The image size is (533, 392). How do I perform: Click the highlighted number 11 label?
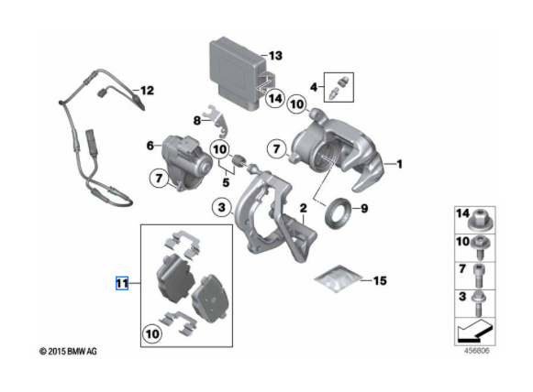click(122, 283)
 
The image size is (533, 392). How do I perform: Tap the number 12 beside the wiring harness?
click(147, 91)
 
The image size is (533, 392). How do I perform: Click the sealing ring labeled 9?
click(338, 212)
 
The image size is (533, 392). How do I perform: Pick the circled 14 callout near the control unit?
click(274, 98)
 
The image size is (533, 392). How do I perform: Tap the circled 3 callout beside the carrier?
click(222, 207)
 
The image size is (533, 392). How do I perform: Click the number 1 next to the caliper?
click(399, 164)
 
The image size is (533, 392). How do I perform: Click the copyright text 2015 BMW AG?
click(68, 351)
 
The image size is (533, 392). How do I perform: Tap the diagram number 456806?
click(477, 351)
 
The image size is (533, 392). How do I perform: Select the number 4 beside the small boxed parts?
click(314, 87)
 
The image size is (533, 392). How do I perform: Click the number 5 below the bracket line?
click(226, 182)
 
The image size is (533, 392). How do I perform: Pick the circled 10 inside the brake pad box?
click(152, 334)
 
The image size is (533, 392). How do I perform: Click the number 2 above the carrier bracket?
click(304, 208)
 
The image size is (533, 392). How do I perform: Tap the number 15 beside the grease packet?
click(380, 280)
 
